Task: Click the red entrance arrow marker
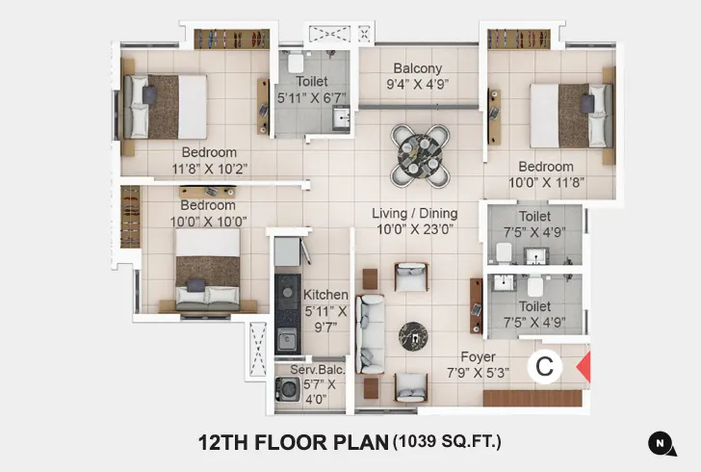click(583, 367)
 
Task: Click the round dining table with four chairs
click(419, 155)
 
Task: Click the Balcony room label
click(417, 68)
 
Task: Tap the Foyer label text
click(478, 356)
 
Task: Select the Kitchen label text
click(325, 295)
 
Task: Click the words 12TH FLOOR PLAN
click(292, 443)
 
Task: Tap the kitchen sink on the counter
click(285, 337)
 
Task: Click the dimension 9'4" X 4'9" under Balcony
click(417, 84)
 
